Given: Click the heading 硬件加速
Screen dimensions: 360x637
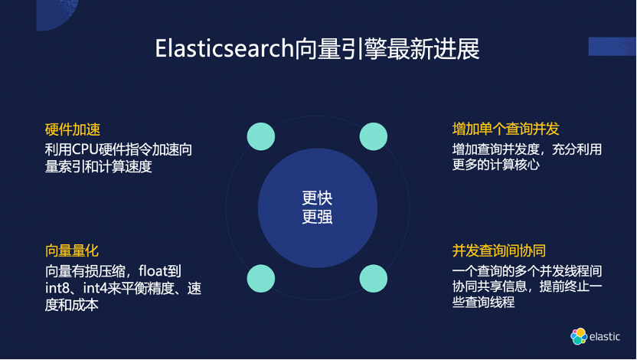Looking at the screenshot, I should (73, 129).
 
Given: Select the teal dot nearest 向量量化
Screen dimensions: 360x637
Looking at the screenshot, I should (260, 278).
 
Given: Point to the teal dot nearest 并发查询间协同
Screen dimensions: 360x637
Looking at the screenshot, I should (374, 278).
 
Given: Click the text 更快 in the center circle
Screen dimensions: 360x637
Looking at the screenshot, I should (317, 198).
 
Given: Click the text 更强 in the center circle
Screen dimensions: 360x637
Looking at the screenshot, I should (317, 217).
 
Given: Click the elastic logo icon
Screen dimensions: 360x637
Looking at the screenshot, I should (579, 336).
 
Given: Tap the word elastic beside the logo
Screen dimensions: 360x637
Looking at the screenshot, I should (605, 337).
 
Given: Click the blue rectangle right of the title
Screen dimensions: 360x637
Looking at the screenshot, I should (612, 46).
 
